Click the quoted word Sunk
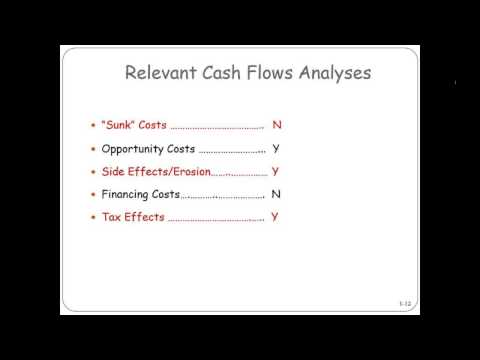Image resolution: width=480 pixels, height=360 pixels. [119, 125]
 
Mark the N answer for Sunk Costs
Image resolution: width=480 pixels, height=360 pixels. [277, 125]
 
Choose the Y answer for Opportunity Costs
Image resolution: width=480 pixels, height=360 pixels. [276, 149]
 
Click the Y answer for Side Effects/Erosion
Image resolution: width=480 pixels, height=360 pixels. [276, 171]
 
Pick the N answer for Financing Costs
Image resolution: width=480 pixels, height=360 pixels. [276, 194]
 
